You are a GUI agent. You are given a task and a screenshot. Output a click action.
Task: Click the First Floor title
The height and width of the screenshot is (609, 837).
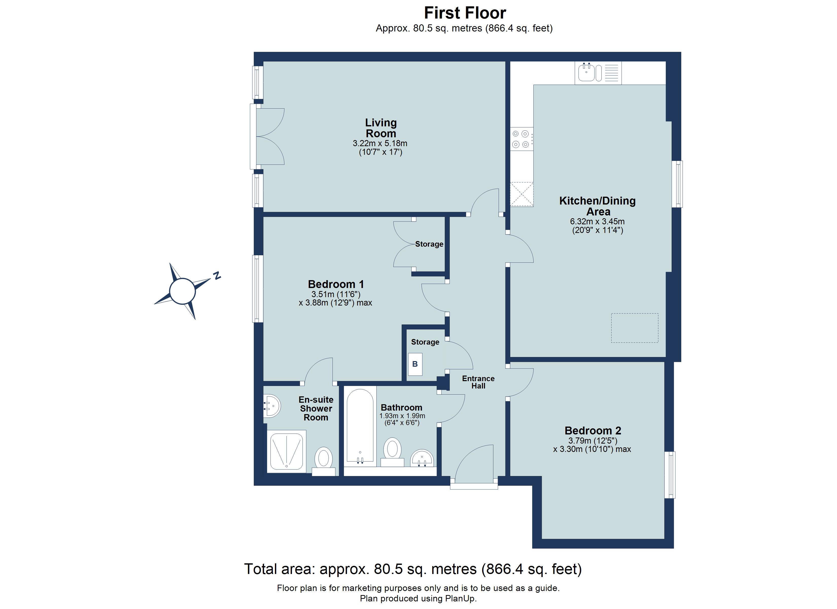pos(465,13)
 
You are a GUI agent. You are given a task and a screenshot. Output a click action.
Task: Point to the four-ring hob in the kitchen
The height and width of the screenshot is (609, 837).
pos(521,139)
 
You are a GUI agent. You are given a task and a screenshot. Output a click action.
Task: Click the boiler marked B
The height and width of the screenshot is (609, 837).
pos(415,364)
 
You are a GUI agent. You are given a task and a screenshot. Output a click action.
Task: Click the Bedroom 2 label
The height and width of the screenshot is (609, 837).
pos(593,431)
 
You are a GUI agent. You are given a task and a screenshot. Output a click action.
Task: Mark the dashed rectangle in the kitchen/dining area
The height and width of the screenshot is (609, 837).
pos(634,328)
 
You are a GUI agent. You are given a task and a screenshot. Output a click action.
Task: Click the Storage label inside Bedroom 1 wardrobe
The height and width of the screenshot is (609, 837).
pos(429,244)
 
